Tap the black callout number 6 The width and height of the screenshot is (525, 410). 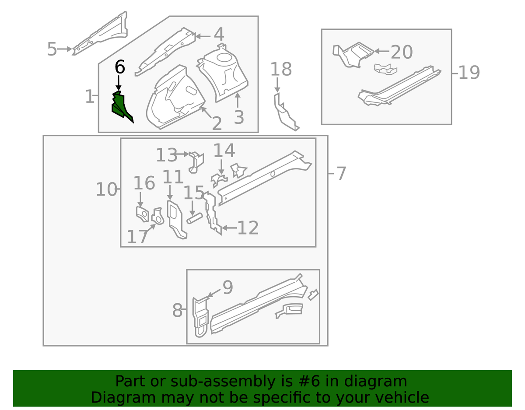[120, 67]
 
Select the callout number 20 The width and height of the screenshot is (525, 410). [402, 52]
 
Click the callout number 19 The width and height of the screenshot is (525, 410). [469, 73]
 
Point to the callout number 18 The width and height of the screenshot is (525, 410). [281, 69]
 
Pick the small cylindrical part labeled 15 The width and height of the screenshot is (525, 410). [195, 218]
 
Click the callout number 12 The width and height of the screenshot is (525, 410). [248, 228]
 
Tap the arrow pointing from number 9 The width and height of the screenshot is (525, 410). [214, 293]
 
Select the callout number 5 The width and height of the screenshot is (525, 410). [52, 49]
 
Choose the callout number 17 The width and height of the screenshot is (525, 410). [137, 237]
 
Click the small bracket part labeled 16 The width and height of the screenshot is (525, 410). [142, 214]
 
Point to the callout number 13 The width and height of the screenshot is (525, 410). [166, 155]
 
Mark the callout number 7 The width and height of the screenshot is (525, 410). [341, 173]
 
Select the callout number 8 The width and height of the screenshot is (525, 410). [177, 310]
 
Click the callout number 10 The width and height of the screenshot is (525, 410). [107, 189]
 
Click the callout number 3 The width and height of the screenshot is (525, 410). [239, 117]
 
